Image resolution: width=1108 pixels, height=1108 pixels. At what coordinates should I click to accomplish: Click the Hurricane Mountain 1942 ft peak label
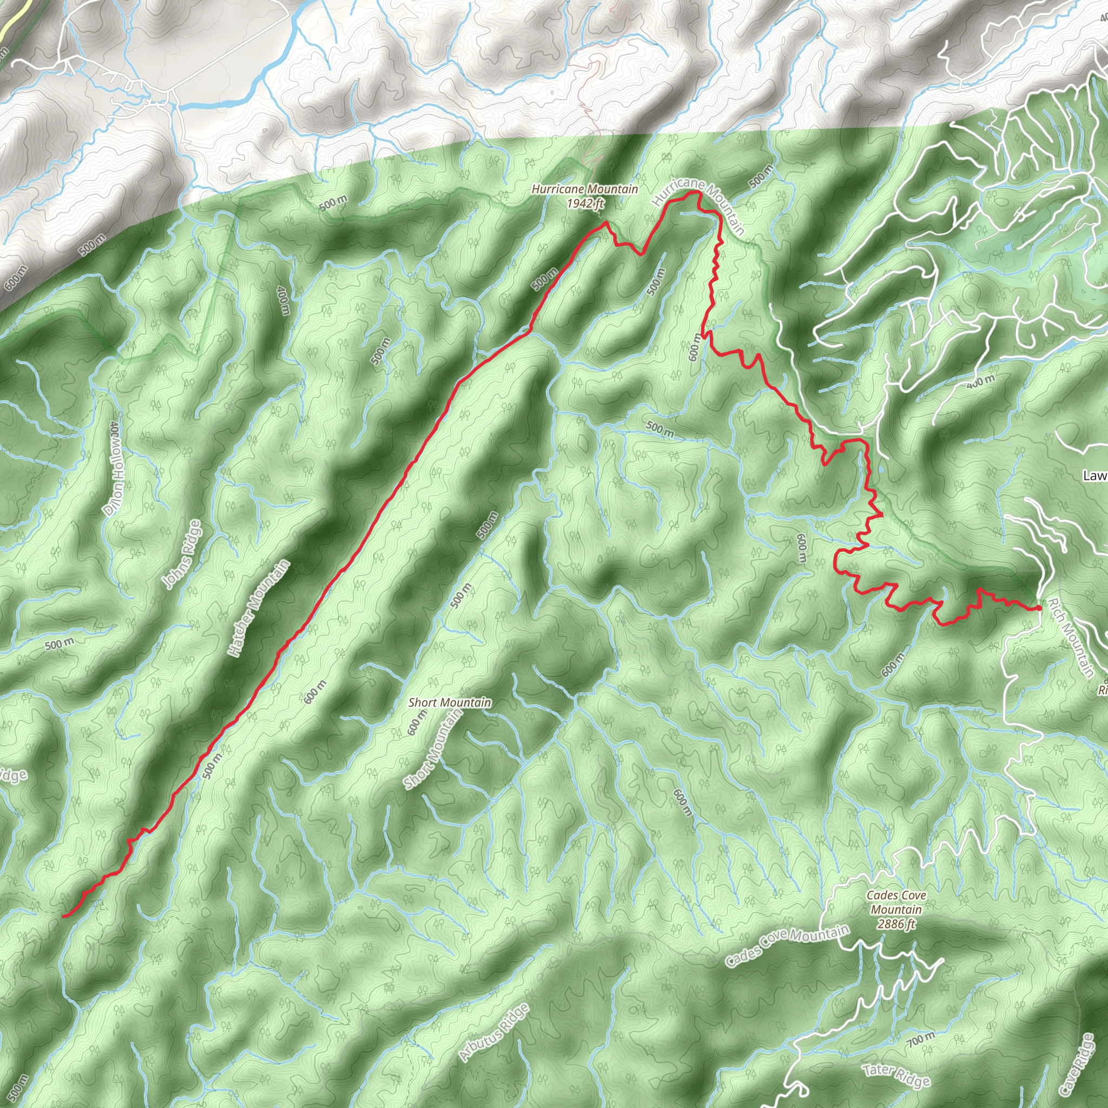coord(584,195)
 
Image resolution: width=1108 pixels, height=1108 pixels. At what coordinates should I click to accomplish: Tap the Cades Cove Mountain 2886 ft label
coord(896,909)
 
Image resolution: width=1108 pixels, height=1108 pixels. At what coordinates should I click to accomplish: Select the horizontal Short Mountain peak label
coord(450,703)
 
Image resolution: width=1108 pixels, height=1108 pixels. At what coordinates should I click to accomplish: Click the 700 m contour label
coord(921,1039)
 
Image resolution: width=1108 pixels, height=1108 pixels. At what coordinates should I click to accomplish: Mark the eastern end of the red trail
coord(1039,608)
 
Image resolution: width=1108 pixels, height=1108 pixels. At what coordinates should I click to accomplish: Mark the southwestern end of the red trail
coord(64,916)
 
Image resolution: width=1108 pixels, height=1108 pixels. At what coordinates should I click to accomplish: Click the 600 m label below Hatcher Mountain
coord(315,692)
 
